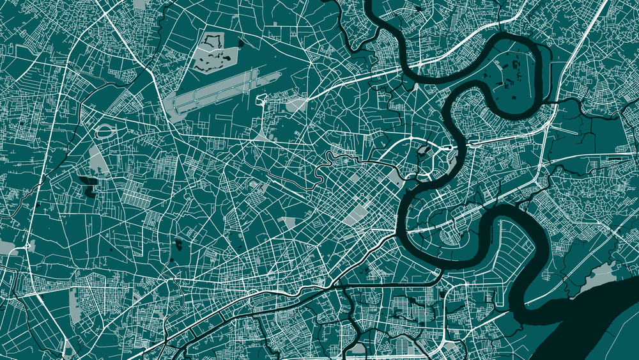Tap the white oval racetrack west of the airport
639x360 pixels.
(x=104, y=132)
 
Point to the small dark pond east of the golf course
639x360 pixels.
(x=241, y=43)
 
